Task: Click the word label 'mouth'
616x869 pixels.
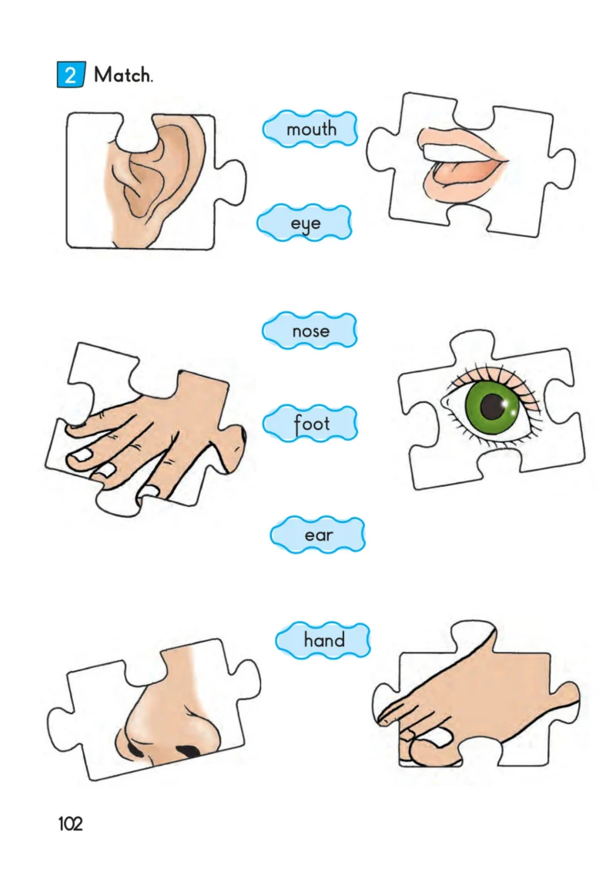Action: [x=311, y=129]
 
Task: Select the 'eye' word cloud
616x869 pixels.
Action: [x=305, y=223]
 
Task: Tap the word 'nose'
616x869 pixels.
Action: [x=311, y=330]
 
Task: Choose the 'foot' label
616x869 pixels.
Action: [x=311, y=424]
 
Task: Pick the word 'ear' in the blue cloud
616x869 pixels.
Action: [x=319, y=535]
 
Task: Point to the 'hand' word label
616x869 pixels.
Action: [x=324, y=639]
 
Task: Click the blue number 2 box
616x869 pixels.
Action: [x=71, y=74]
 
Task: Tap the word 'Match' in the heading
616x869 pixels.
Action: [x=122, y=74]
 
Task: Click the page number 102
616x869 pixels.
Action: [x=70, y=824]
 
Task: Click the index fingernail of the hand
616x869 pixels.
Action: [x=79, y=456]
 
